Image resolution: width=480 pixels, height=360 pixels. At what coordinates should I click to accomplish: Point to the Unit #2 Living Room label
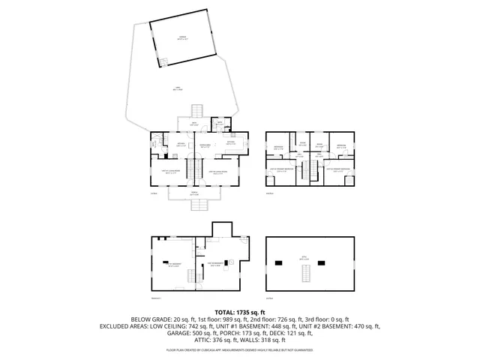tap(219, 172)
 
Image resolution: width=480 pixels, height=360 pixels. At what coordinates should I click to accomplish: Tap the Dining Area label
tap(205, 146)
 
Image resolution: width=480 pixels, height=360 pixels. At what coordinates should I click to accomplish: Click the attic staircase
tap(304, 275)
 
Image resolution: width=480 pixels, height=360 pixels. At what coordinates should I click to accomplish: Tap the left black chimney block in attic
tap(280, 262)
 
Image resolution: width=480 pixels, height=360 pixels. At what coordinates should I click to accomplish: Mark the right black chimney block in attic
tap(322, 262)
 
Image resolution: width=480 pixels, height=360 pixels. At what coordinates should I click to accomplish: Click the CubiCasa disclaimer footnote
tap(240, 349)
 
